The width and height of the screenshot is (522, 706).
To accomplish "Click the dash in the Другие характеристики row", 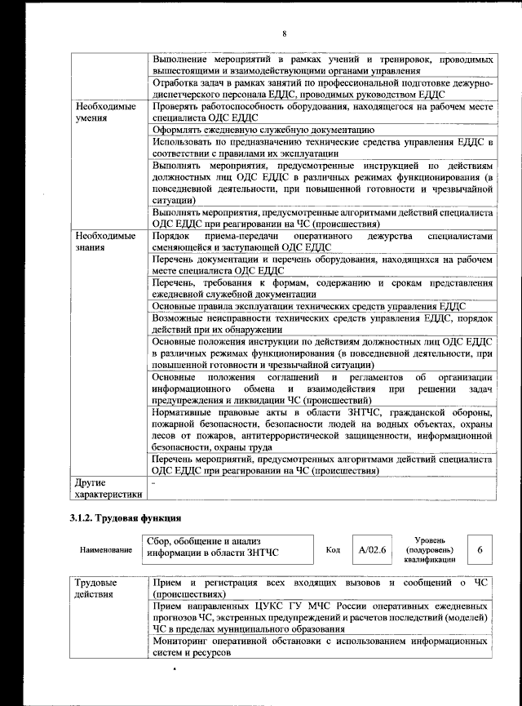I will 155,483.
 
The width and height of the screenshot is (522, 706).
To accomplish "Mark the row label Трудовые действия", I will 96,589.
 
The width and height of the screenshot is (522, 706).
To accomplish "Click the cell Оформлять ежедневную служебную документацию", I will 263,130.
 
